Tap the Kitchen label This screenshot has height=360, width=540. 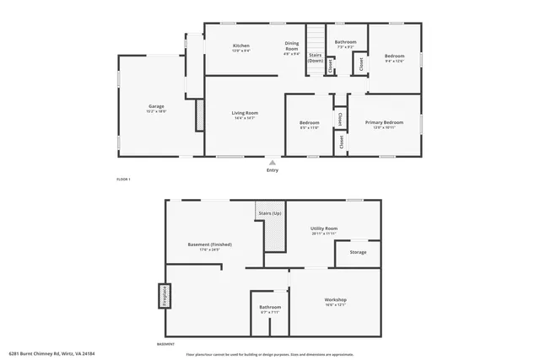pyautogui.click(x=241, y=46)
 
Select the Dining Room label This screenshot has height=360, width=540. pyautogui.click(x=291, y=46)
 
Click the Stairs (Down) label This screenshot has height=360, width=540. pyautogui.click(x=315, y=58)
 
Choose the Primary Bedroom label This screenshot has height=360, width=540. pyautogui.click(x=384, y=122)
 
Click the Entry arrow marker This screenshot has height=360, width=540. pyautogui.click(x=272, y=161)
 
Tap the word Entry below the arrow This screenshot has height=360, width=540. pyautogui.click(x=273, y=170)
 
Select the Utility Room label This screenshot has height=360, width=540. pyautogui.click(x=324, y=228)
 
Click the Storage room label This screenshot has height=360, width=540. pyautogui.click(x=358, y=252)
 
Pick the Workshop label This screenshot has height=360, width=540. pyautogui.click(x=336, y=300)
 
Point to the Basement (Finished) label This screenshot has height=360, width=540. pyautogui.click(x=209, y=244)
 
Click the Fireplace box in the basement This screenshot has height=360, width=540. pyautogui.click(x=159, y=297)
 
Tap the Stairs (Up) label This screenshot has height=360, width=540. pyautogui.click(x=270, y=213)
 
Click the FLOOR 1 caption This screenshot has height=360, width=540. pyautogui.click(x=123, y=179)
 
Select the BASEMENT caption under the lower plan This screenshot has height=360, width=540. pyautogui.click(x=166, y=344)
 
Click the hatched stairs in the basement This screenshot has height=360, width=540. pyautogui.click(x=275, y=237)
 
